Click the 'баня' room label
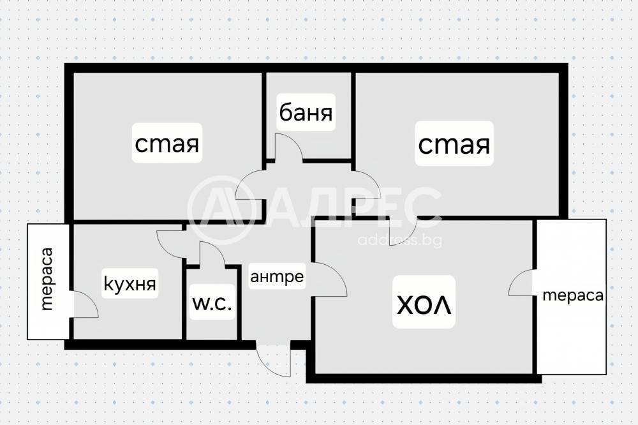click(x=306, y=114)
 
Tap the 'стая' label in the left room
click(x=167, y=144)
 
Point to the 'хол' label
click(x=424, y=302)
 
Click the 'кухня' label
click(x=130, y=283)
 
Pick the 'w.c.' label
click(x=212, y=304)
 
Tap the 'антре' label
click(x=276, y=276)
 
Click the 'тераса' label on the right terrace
click(x=573, y=295)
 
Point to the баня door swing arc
click(x=289, y=146)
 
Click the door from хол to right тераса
click(x=523, y=282)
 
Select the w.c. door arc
click(x=211, y=253)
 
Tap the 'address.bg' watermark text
click(x=400, y=240)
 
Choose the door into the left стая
click(x=251, y=186)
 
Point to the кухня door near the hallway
click(x=171, y=241)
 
